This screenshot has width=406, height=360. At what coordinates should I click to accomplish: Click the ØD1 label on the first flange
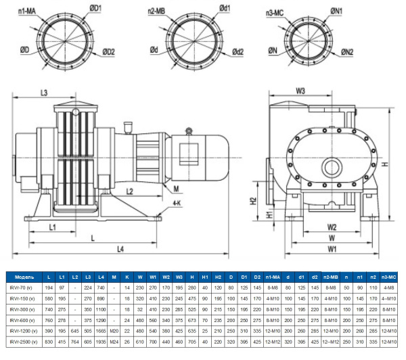click(x=95, y=9)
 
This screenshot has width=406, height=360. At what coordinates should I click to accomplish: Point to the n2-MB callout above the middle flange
click(x=156, y=10)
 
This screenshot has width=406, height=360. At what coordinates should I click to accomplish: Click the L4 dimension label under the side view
click(x=119, y=250)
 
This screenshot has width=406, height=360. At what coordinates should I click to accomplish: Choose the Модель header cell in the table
click(x=24, y=277)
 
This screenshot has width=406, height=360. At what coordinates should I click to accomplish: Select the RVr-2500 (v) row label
click(x=24, y=342)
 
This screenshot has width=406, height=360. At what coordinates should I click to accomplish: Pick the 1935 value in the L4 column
click(x=101, y=342)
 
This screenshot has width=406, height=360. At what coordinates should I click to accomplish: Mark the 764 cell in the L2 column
click(x=74, y=342)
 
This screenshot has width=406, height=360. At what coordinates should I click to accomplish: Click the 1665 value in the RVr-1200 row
click(x=101, y=331)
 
